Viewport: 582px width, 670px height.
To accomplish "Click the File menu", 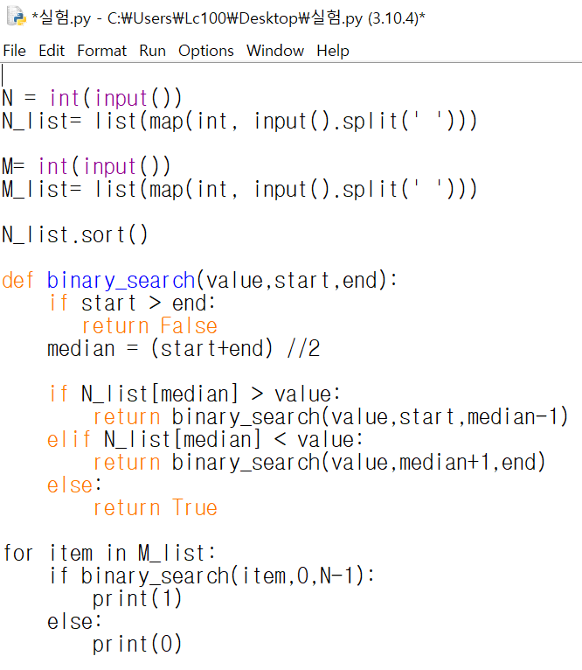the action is pos(15,51).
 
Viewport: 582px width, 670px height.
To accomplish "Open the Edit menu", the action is pos(52,51).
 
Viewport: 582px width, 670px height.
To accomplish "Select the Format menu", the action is pos(101,51).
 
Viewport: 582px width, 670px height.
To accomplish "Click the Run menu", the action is pos(152,51).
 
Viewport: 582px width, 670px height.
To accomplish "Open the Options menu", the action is pos(206,51).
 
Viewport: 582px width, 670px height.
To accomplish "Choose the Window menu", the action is pos(274,51).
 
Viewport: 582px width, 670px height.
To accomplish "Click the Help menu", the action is pos(332,51).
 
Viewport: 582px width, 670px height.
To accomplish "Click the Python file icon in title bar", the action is pos(15,17).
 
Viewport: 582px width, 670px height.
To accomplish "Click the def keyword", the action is pos(18,281).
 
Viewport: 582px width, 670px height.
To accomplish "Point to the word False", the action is pos(189,326).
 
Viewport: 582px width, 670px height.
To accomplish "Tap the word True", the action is pos(195,508).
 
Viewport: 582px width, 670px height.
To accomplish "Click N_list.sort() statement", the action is pos(75,235).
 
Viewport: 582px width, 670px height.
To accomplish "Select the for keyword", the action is pos(18,554).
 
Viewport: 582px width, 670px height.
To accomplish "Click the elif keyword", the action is pos(70,440).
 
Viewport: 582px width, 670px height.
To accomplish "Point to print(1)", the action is pos(137,599).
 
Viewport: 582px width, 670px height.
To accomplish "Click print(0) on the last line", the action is pos(137,645).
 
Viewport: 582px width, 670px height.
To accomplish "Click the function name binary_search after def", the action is pos(121,281).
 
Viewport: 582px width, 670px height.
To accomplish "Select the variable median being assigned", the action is pos(81,349).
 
